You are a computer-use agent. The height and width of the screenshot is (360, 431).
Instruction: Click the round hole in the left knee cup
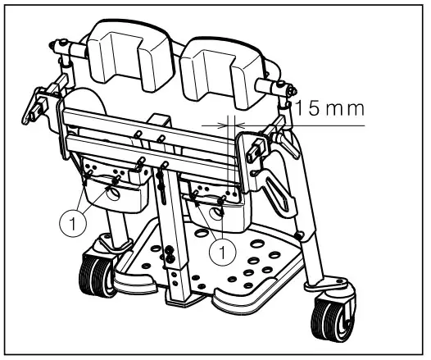pyautogui.click(x=113, y=194)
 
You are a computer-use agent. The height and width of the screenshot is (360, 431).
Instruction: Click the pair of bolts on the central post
pyautogui.click(x=169, y=252)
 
